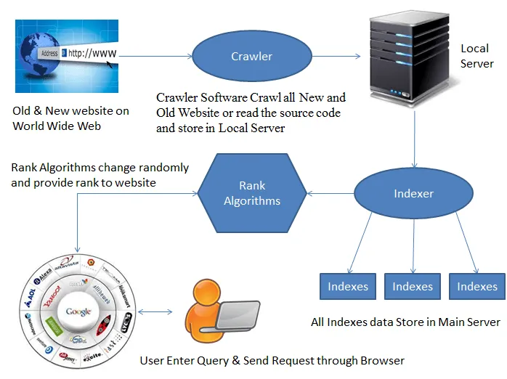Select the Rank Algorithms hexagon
coord(251,192)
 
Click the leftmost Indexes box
coord(349,286)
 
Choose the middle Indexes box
coord(413,286)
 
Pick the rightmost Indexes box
coord(476,286)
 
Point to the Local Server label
coord(476,56)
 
